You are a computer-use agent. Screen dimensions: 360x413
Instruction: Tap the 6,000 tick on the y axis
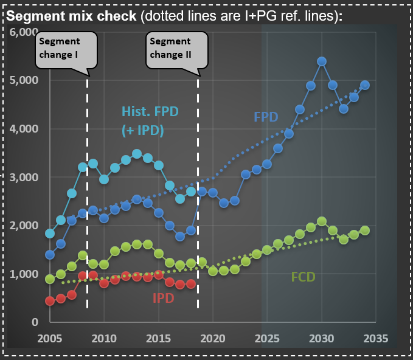[23, 32]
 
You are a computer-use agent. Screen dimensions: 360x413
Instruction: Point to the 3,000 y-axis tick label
[23, 177]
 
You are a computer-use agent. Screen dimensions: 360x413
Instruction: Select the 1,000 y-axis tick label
[23, 274]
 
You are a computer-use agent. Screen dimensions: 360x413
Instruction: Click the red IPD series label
[163, 298]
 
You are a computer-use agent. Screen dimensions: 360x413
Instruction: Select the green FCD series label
[302, 277]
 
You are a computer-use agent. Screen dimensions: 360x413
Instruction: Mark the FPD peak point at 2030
[322, 61]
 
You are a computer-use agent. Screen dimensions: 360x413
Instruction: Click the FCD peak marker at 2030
[322, 221]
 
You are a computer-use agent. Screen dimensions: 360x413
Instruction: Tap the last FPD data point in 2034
[365, 85]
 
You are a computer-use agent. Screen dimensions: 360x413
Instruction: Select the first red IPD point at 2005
[50, 301]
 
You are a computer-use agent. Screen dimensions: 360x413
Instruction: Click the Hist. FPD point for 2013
[137, 154]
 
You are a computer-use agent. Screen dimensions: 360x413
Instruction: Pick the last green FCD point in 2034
[365, 230]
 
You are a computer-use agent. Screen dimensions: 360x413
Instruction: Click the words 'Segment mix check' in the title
[71, 16]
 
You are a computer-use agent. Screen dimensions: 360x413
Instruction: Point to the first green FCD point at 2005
[50, 279]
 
